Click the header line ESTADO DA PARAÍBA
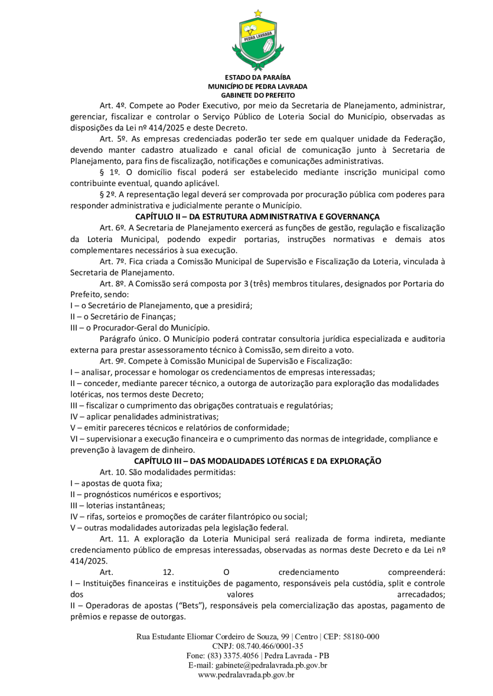[257, 78]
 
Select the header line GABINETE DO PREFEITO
[257, 95]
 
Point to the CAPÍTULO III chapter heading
[257, 461]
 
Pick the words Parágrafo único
[128, 339]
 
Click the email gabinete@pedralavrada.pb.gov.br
[272, 665]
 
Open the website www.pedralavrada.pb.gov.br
[246, 675]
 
